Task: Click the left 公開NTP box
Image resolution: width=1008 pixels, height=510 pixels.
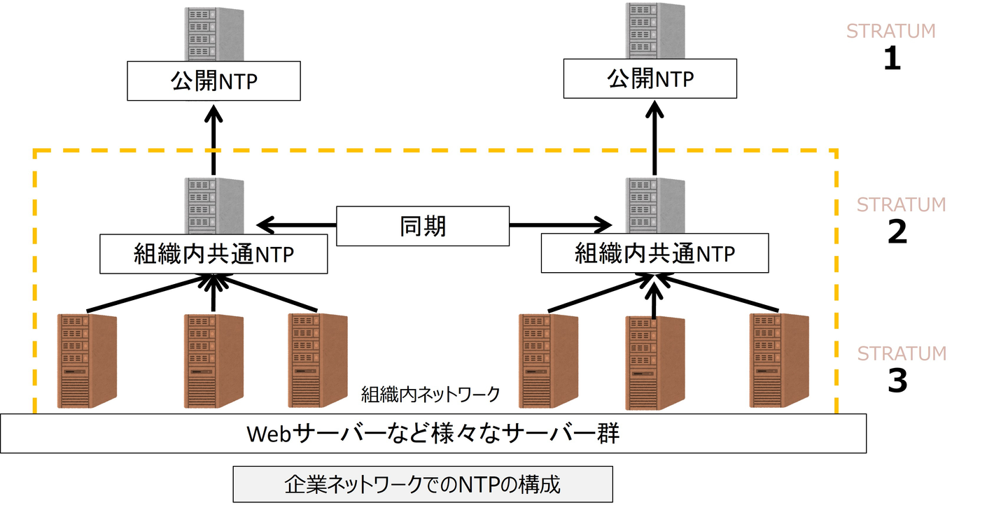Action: pos(213,80)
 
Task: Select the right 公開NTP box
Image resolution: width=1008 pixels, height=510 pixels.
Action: pos(650,78)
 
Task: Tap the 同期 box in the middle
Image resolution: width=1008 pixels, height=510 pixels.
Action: pos(423,226)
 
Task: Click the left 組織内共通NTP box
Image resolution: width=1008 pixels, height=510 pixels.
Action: pos(213,254)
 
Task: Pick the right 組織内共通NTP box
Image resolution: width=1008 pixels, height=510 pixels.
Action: pos(654,253)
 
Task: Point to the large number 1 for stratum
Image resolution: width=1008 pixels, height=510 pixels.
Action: pos(891,59)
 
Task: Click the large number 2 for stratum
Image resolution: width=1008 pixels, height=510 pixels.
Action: pos(897,232)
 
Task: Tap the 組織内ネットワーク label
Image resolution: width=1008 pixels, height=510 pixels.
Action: pos(430,395)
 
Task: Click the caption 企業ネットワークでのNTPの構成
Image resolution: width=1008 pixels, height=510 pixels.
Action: pos(423,484)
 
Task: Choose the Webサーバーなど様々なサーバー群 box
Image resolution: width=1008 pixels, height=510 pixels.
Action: pos(433,433)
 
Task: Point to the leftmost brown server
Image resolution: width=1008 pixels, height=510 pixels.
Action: pos(86,360)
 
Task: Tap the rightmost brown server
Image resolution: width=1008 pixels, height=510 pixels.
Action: pos(778,360)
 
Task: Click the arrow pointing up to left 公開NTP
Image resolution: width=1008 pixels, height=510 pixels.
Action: pos(214,140)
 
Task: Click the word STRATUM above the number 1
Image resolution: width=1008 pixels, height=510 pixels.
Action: pos(890,31)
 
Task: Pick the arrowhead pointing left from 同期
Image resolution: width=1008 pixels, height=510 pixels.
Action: pos(266,225)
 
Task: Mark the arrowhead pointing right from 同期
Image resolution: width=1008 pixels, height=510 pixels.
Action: pos(602,225)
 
